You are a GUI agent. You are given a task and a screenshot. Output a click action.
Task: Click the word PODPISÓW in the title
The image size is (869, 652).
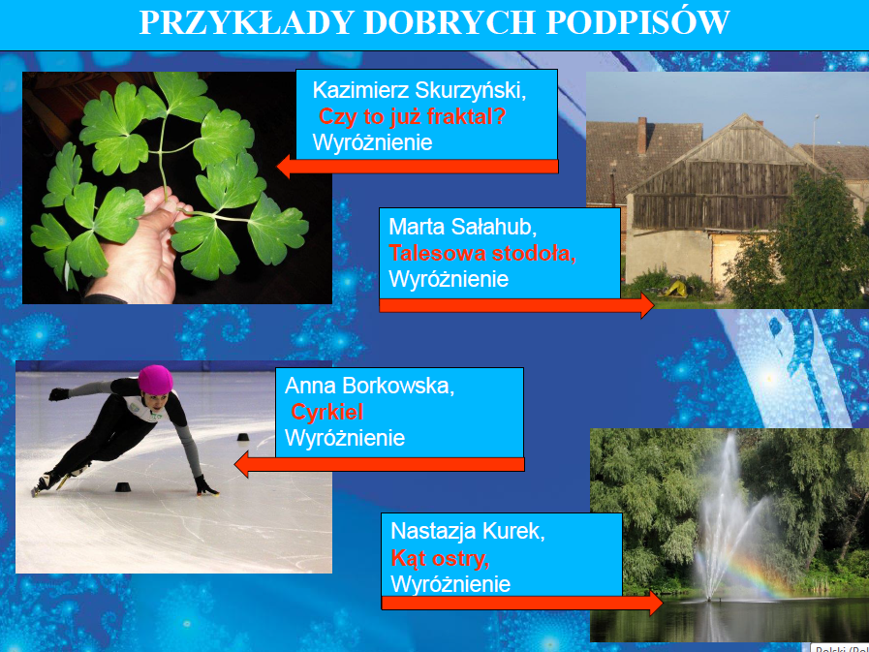(637, 22)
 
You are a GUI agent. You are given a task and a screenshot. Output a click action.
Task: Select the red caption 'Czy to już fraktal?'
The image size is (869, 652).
(412, 117)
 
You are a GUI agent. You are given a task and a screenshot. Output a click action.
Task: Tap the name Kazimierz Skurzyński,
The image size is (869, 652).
(419, 91)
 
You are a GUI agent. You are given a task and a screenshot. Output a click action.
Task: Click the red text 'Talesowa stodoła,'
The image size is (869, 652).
(482, 254)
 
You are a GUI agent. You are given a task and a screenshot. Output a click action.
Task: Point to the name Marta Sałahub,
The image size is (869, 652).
(463, 227)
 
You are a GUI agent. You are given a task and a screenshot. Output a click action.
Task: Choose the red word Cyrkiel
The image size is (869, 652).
(327, 412)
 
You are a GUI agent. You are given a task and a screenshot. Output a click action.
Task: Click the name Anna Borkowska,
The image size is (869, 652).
(370, 386)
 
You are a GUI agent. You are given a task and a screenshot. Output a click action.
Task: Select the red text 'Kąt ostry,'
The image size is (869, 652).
(440, 558)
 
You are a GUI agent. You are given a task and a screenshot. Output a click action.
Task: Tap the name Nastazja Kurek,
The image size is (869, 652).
(468, 531)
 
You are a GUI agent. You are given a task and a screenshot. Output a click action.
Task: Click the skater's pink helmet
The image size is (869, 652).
(155, 380)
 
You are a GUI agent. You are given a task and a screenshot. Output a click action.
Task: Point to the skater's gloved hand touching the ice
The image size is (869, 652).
(206, 485)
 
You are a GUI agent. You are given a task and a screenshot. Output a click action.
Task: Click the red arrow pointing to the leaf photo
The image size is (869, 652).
(418, 167)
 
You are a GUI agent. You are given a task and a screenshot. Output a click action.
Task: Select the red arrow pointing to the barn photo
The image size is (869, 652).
(516, 305)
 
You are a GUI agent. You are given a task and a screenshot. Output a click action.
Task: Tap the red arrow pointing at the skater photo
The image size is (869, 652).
(379, 464)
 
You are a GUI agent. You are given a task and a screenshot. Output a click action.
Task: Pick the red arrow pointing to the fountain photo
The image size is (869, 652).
(522, 604)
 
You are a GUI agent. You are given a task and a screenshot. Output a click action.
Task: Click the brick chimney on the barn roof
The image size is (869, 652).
(641, 136)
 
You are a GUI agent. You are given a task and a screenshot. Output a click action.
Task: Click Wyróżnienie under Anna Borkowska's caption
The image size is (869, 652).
(345, 438)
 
